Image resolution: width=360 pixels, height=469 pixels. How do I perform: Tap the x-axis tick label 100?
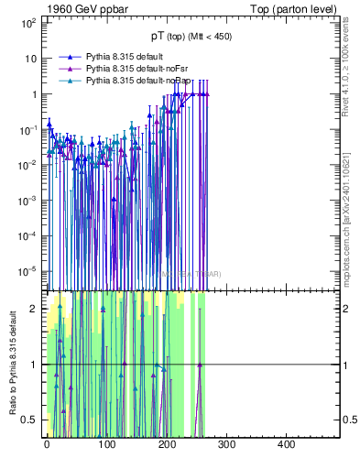(x=106, y=444)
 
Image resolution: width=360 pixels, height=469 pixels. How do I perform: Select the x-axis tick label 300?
(x=226, y=444)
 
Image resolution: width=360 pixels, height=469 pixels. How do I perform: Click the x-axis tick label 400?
(x=286, y=444)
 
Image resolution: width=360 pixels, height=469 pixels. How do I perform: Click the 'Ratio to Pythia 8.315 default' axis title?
(x=12, y=362)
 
